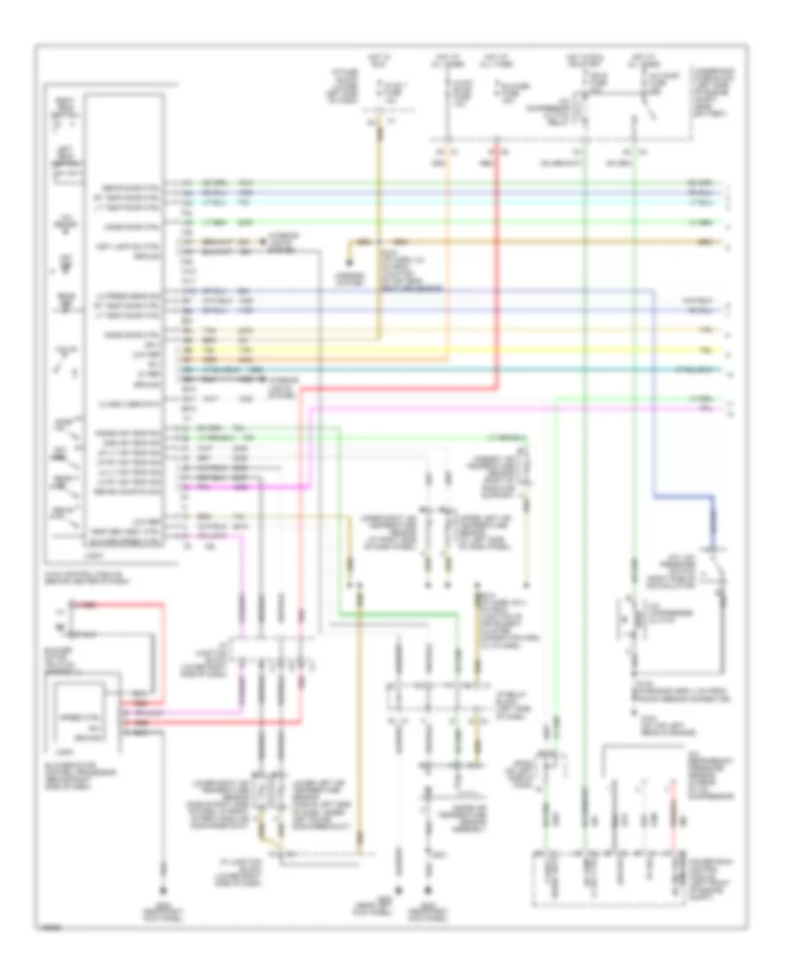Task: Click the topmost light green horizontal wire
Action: [x=443, y=183]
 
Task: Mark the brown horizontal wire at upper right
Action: [x=531, y=242]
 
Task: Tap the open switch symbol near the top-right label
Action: [x=652, y=111]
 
